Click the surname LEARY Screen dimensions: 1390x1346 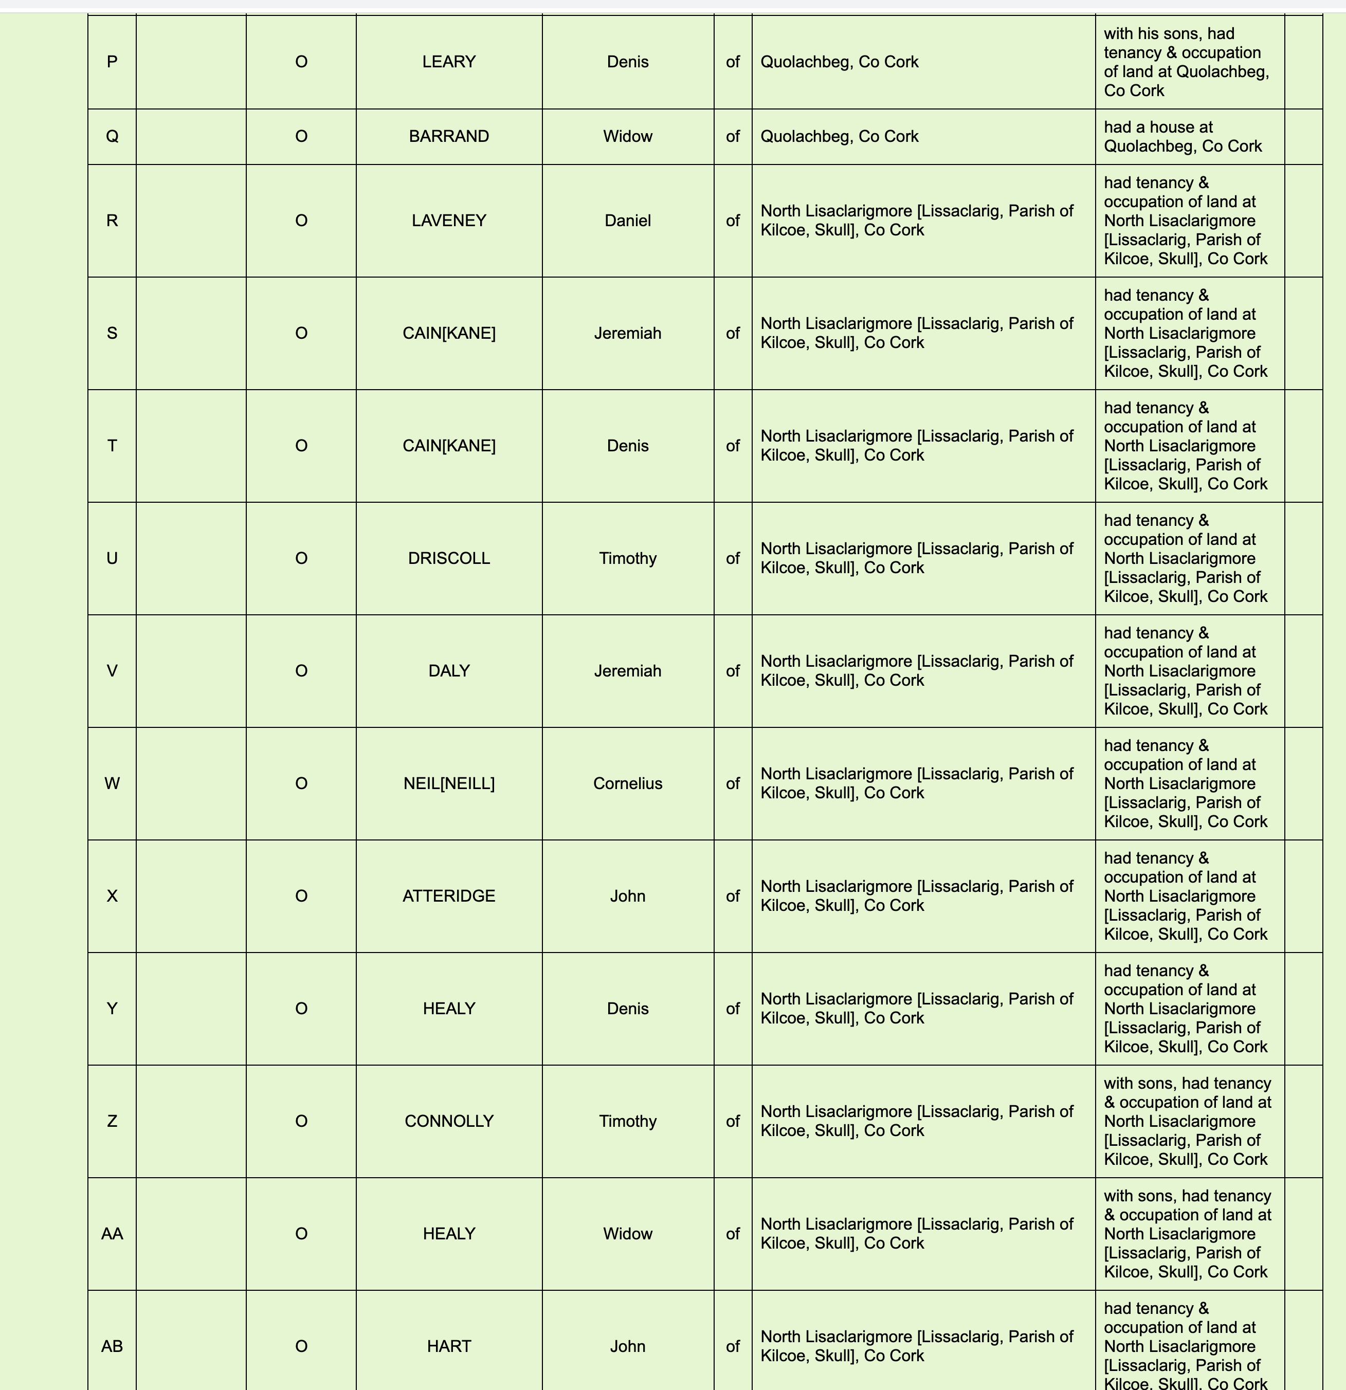[448, 62]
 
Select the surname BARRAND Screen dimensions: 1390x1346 [448, 136]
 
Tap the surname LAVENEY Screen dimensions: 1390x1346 [448, 221]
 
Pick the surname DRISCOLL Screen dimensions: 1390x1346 [448, 558]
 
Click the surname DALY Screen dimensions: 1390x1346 [448, 671]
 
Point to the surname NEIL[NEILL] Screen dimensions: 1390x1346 [448, 783]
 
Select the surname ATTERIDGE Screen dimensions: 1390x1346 [448, 895]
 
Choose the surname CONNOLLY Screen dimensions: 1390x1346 [448, 1121]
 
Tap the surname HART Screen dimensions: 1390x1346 [448, 1346]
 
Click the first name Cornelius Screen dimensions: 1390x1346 [628, 783]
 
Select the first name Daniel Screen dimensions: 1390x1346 [628, 221]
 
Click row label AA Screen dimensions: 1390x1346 [112, 1234]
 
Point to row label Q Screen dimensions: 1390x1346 [112, 136]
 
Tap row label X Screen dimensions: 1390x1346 [112, 895]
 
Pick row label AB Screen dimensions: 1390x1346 [112, 1346]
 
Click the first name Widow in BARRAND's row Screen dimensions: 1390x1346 [628, 136]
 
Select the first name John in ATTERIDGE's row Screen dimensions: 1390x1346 [628, 895]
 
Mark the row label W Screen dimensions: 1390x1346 [112, 783]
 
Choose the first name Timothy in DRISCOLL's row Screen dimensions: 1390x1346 [628, 558]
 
